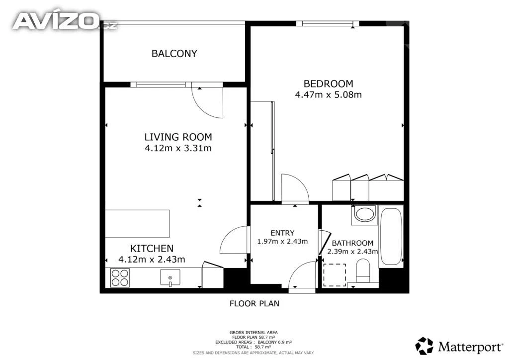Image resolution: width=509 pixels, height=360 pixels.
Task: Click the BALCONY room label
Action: point(174,54)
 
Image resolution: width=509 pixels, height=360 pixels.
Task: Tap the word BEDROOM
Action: point(328,84)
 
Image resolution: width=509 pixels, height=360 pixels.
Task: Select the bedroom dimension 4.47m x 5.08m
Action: point(328,95)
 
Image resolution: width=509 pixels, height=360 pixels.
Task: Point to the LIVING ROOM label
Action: point(178,137)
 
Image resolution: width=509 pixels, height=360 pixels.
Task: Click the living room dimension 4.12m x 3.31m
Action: point(178,148)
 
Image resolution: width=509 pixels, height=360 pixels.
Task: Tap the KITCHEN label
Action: point(152,249)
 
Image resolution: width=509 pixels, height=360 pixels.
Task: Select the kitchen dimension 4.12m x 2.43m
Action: point(152,260)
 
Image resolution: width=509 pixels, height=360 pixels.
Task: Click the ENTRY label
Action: point(282,233)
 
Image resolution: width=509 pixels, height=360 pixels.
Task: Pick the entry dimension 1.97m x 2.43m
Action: point(282,242)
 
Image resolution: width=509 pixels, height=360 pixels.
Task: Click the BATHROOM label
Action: point(352,243)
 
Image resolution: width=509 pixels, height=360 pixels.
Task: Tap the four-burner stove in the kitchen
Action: point(120,277)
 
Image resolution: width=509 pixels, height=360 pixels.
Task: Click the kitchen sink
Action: point(170,278)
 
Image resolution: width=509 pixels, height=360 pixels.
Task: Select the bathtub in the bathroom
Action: point(391,236)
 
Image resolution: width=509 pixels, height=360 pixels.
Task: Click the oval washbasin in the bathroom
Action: point(364,214)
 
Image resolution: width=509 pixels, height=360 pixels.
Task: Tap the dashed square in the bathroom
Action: point(335,275)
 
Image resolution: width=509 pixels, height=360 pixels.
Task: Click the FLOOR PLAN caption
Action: point(254,304)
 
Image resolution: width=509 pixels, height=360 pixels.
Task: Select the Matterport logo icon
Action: point(424,346)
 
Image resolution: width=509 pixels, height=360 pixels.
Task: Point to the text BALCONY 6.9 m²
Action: point(274,342)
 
